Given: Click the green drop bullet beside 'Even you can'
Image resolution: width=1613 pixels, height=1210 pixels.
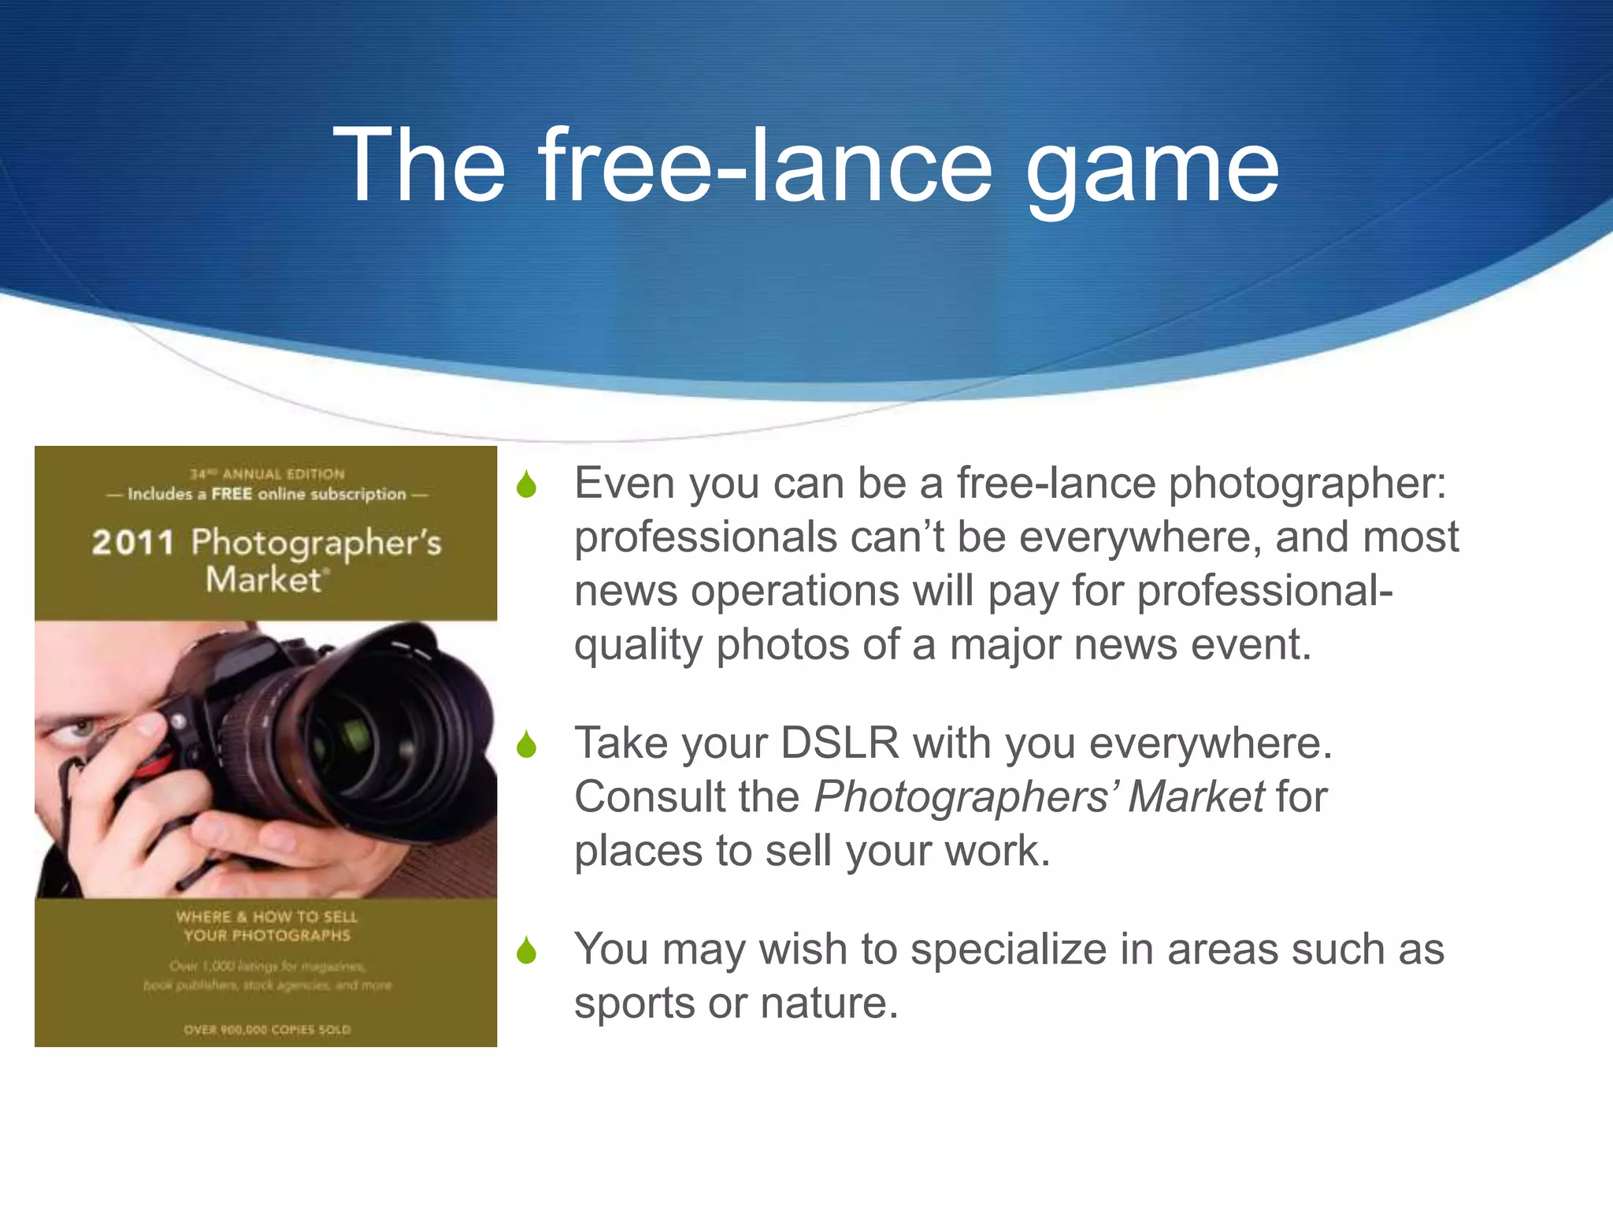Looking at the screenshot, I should pos(526,484).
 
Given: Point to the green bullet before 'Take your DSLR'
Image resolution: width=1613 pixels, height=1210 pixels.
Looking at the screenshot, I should pos(526,744).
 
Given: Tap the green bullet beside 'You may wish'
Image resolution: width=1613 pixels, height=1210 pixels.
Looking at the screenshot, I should pos(526,951).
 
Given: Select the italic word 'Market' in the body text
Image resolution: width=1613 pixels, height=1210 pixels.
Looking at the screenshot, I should pos(1196,796).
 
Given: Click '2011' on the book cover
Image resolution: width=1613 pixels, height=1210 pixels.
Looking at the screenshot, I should pos(133,543).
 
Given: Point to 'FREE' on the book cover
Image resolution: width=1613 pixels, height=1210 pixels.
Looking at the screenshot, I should pos(232,494).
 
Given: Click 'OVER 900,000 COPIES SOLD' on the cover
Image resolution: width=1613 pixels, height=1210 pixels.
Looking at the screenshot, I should pos(267,1030).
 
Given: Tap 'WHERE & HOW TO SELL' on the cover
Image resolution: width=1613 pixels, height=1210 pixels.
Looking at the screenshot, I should pos(267,917).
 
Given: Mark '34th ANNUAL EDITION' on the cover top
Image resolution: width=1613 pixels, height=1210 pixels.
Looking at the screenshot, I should pos(267,474).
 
